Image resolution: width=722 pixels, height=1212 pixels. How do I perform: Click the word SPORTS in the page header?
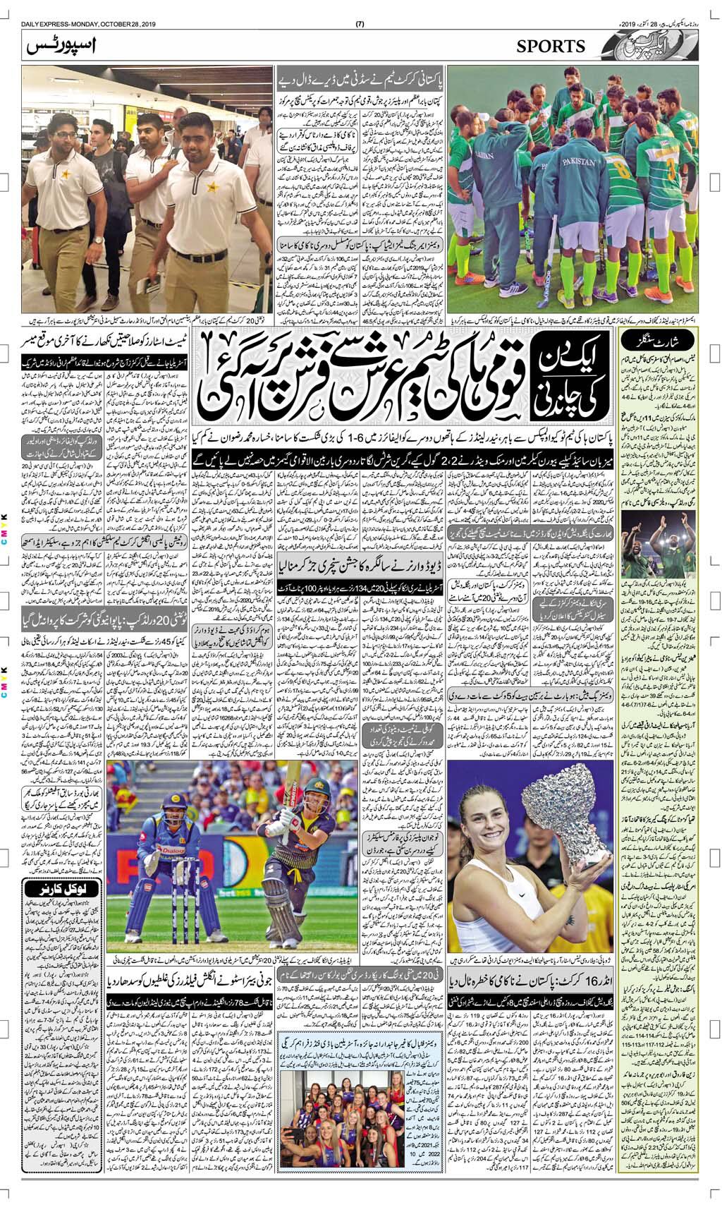pos(551,47)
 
